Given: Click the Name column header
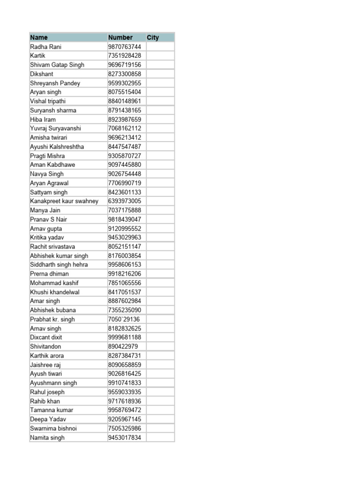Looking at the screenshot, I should pos(39,37).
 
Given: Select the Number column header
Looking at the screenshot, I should pos(120,37).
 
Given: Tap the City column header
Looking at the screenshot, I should pos(153,37).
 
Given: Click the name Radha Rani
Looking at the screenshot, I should pos(45,47).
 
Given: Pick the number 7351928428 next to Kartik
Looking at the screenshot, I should pos(124,56).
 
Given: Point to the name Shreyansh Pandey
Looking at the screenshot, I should pos(55,83).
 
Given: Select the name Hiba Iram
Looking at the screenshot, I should pos(43,120).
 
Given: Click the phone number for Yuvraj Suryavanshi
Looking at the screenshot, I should pos(124,128).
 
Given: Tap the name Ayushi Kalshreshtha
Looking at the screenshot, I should pos(57,147).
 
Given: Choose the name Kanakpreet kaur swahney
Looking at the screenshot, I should pos(64,201).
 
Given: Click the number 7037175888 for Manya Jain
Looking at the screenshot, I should pos(124,210).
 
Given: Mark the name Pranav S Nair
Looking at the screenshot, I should pos(49,219).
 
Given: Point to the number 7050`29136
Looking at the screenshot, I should pos(124,319).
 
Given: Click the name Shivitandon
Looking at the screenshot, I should pos(45,346).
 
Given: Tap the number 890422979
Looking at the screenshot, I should pos(123,346).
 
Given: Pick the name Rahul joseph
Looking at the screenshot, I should pos(47,392).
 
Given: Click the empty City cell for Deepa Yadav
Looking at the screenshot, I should pos(159,419).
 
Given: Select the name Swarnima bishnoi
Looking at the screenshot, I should pos(53,428).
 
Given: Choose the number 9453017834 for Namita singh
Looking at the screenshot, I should pos(124,438).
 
